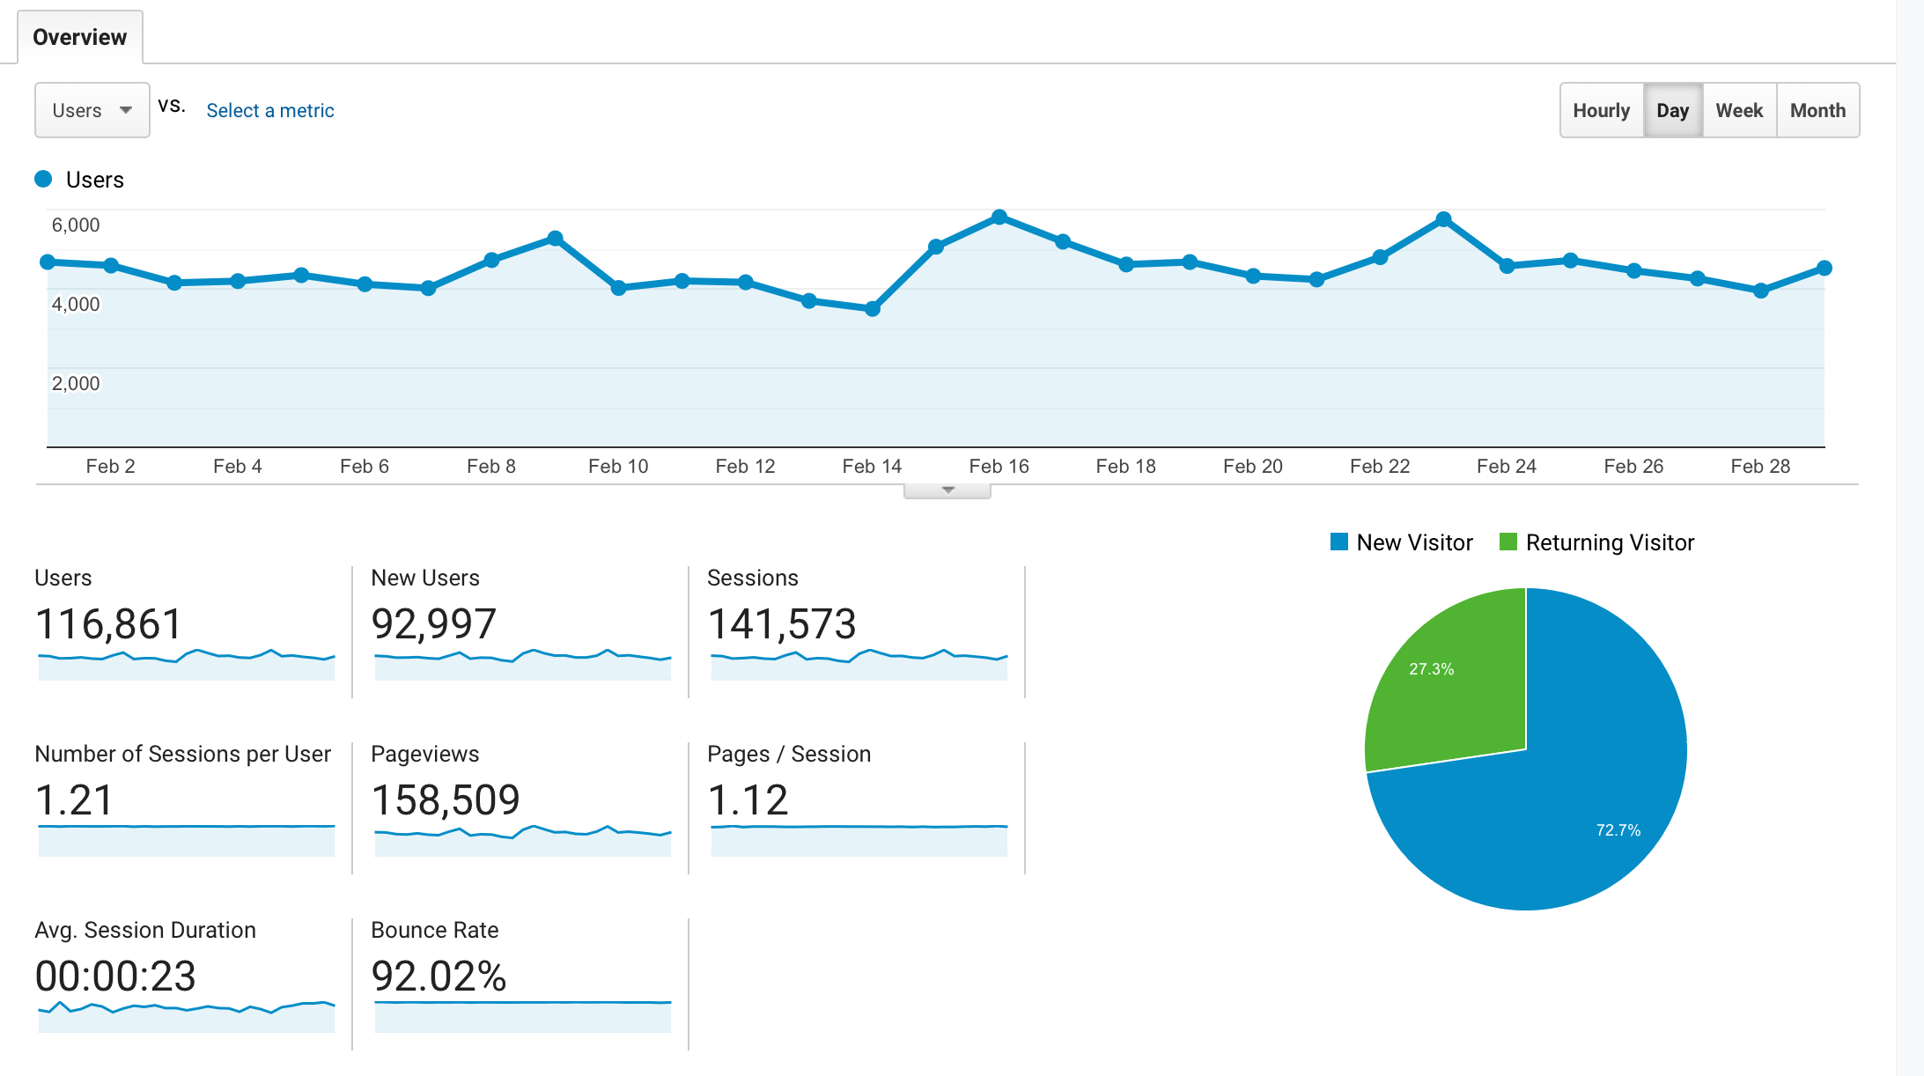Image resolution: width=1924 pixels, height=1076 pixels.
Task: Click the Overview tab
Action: [x=79, y=37]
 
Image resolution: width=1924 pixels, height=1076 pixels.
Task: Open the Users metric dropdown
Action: [x=92, y=110]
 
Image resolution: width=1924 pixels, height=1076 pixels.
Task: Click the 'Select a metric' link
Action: [x=270, y=110]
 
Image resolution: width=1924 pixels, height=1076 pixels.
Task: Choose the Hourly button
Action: [x=1601, y=110]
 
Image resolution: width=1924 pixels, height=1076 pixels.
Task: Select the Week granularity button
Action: [x=1739, y=110]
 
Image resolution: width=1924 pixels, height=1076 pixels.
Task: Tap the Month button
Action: [x=1817, y=110]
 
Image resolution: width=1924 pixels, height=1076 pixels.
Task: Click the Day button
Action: [x=1672, y=110]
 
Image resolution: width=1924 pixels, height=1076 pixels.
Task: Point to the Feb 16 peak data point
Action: [x=999, y=217]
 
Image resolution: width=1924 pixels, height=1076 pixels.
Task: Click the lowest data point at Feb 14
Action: [x=872, y=309]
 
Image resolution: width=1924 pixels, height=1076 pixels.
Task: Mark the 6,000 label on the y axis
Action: [x=76, y=225]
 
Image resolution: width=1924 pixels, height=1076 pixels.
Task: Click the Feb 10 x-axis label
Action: [x=618, y=466]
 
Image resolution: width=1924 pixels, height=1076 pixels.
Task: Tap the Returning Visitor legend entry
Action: [x=1597, y=542]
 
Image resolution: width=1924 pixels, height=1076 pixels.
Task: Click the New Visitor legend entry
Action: [x=1402, y=542]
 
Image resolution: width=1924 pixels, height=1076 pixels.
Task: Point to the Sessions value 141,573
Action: [x=782, y=624]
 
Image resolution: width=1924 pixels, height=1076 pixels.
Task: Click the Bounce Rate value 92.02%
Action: [x=439, y=977]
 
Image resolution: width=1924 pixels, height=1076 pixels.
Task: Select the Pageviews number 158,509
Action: [x=446, y=800]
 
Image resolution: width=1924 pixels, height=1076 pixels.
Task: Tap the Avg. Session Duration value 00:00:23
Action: [x=115, y=977]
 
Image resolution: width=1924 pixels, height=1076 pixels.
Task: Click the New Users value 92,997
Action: [x=434, y=624]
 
